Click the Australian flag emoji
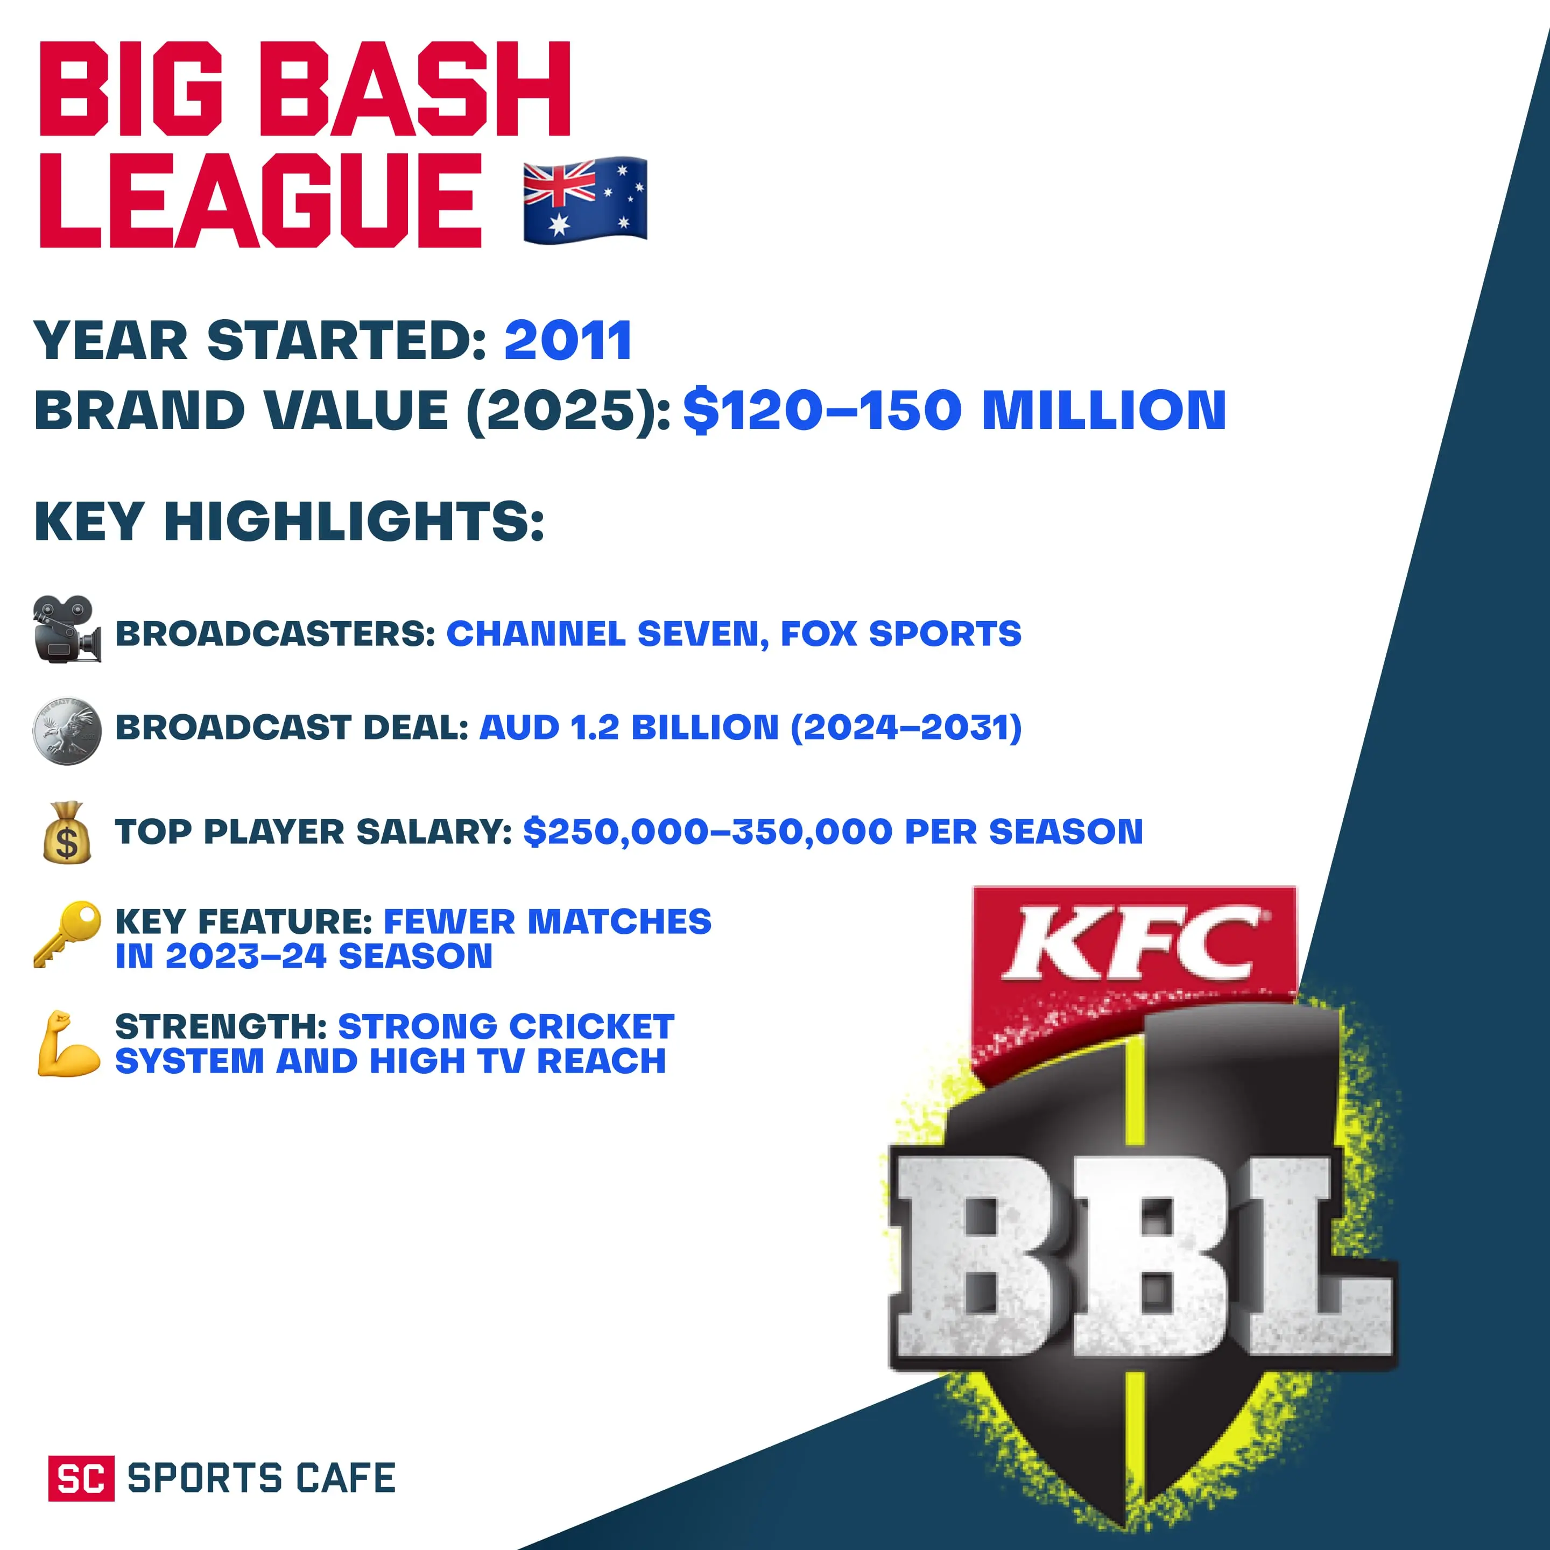pyautogui.click(x=585, y=199)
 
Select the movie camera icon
pyautogui.click(x=67, y=630)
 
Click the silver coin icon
pyautogui.click(x=67, y=730)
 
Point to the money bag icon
pyautogui.click(x=67, y=832)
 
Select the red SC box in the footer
pyautogui.click(x=81, y=1478)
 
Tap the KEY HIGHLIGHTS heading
pyautogui.click(x=289, y=522)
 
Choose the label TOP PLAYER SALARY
pyautogui.click(x=313, y=832)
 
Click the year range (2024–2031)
pyautogui.click(x=906, y=728)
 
